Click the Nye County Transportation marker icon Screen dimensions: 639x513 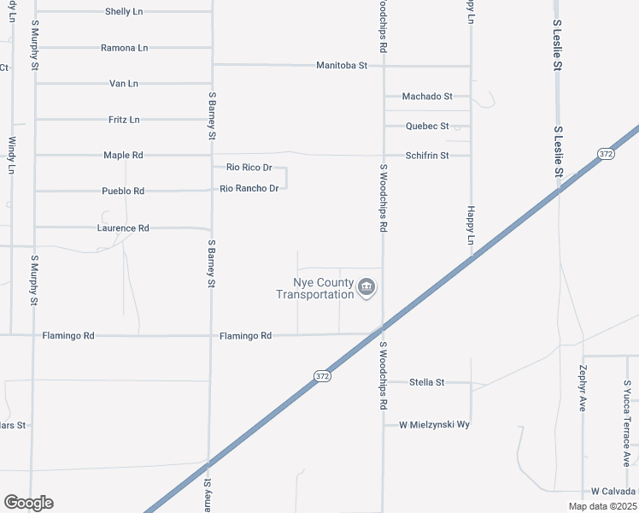tap(366, 286)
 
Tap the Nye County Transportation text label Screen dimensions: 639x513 tap(314, 289)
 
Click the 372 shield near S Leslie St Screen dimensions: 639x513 tap(606, 154)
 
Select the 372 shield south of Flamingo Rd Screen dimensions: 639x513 tap(323, 376)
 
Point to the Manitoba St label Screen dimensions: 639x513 tap(341, 65)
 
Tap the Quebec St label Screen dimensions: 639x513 tap(427, 126)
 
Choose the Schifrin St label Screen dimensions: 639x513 tap(427, 156)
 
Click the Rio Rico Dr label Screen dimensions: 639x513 tap(249, 168)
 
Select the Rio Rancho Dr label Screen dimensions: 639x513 tap(249, 188)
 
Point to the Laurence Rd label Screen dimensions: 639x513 tap(123, 228)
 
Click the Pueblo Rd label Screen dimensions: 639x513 tap(123, 192)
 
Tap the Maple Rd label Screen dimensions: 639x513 tap(123, 156)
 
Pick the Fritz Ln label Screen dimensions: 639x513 tap(124, 120)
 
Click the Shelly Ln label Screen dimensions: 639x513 tap(124, 12)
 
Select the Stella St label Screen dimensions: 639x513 tap(427, 382)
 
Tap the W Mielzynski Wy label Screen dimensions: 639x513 tap(435, 424)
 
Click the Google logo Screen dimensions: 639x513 tap(28, 503)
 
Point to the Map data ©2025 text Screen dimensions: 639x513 tap(602, 506)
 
